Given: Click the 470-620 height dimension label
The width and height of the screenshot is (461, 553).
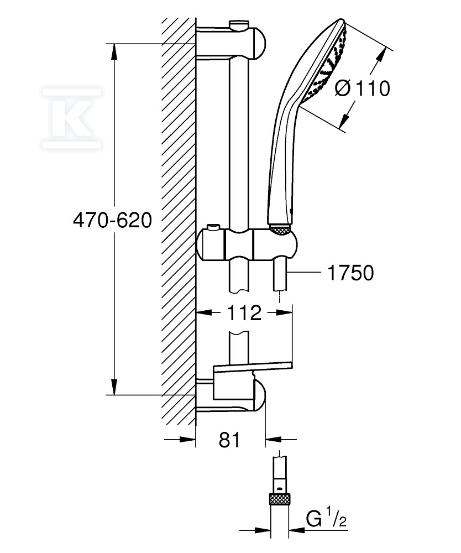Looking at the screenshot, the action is (x=112, y=221).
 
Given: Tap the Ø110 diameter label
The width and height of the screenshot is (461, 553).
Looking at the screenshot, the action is (x=362, y=88).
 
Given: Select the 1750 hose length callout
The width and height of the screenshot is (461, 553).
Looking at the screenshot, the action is (x=350, y=273).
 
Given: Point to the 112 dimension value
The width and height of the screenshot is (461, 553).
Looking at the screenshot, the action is (x=244, y=312).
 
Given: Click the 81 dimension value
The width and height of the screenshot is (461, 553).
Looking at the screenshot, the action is (x=229, y=440).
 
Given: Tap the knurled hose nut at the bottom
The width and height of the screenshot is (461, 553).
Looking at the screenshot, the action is (x=280, y=499).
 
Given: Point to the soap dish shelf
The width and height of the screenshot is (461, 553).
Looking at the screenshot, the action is (x=253, y=367).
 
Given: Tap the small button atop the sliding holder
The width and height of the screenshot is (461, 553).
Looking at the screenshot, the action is (x=212, y=227).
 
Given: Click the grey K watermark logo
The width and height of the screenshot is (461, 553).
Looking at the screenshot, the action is (x=72, y=118).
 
